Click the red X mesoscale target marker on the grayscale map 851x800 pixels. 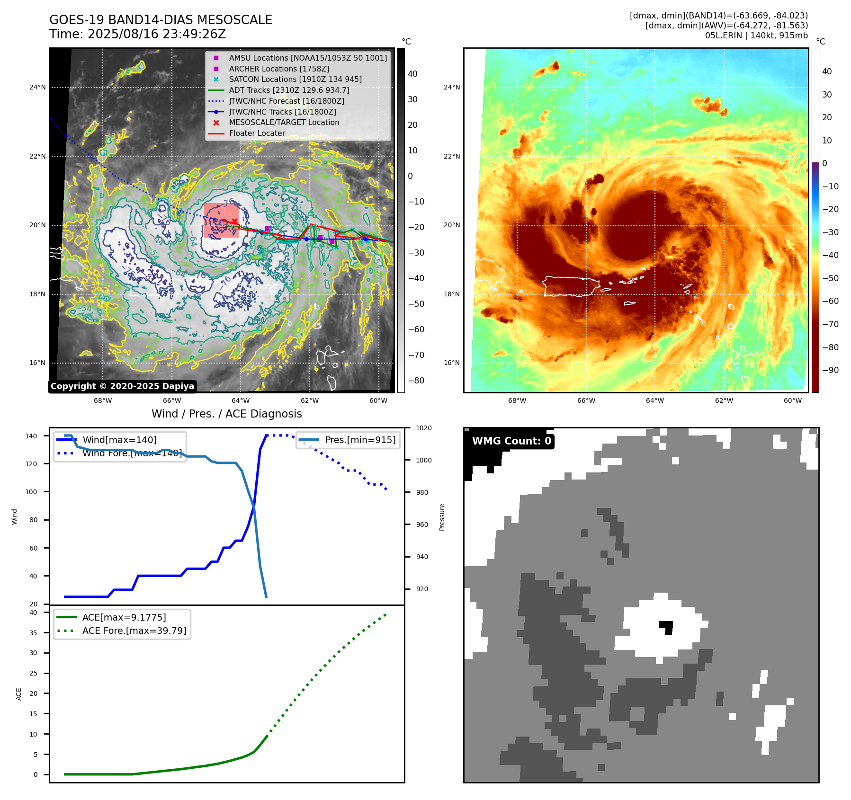click(x=234, y=222)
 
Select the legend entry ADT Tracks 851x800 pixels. click(x=289, y=90)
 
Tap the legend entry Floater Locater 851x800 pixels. click(x=257, y=133)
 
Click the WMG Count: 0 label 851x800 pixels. click(x=511, y=441)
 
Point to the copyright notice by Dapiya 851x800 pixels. click(x=122, y=386)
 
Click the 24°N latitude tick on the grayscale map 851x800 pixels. click(x=38, y=88)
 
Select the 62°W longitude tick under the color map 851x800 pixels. click(x=724, y=401)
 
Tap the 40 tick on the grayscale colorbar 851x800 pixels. click(x=412, y=74)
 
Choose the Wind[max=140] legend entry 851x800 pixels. click(x=119, y=440)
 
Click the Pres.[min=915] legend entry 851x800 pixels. click(x=360, y=440)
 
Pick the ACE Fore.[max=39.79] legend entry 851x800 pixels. click(x=134, y=631)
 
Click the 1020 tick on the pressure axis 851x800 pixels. click(x=423, y=428)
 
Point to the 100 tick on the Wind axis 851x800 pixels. click(x=31, y=492)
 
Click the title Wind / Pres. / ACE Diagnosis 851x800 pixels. click(x=226, y=414)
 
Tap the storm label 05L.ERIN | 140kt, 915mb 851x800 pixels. click(x=756, y=36)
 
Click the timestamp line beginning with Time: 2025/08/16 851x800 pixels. click(x=137, y=34)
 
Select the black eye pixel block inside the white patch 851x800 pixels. click(x=666, y=627)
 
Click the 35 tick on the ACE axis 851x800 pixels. click(x=33, y=633)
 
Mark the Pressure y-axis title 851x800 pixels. click(x=442, y=517)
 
